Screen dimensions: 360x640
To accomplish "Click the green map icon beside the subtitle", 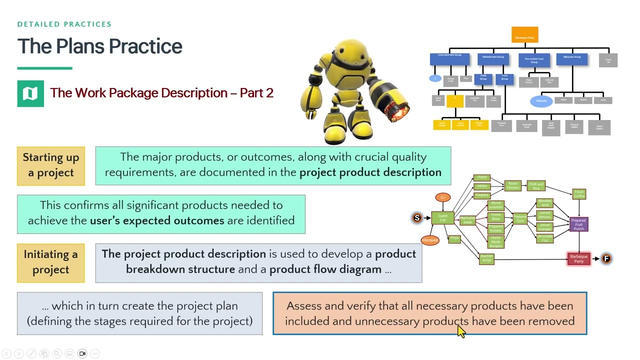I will pyautogui.click(x=30, y=93).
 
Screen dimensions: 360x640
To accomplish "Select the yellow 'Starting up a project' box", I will pyautogui.click(x=51, y=165).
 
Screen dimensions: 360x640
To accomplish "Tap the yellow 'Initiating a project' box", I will pyautogui.click(x=51, y=262).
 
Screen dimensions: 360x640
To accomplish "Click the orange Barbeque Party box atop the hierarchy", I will pyautogui.click(x=524, y=35).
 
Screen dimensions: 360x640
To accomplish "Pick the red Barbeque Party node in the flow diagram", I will pyautogui.click(x=578, y=258).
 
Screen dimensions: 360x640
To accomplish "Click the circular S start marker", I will pyautogui.click(x=417, y=217).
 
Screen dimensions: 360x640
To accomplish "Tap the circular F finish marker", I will pyautogui.click(x=606, y=258).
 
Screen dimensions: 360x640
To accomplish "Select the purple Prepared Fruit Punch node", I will pyautogui.click(x=578, y=224).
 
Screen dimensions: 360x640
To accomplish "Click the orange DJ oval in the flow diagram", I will pyautogui.click(x=442, y=197).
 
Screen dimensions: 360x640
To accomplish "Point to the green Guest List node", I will pyautogui.click(x=442, y=218).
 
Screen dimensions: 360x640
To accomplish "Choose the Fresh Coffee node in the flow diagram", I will pyautogui.click(x=579, y=194).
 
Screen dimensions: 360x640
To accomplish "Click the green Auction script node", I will pyautogui.click(x=486, y=258).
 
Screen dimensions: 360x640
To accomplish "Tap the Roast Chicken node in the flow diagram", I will pyautogui.click(x=512, y=186).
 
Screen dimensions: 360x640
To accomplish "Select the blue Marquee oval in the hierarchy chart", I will pyautogui.click(x=541, y=101).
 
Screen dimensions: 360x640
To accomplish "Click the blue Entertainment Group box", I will pyautogui.click(x=449, y=59).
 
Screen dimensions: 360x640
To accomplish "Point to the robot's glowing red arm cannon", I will pyautogui.click(x=398, y=113).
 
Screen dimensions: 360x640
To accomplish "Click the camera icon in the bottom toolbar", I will pyautogui.click(x=82, y=353).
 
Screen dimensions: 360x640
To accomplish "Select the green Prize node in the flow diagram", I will pyautogui.click(x=454, y=239).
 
